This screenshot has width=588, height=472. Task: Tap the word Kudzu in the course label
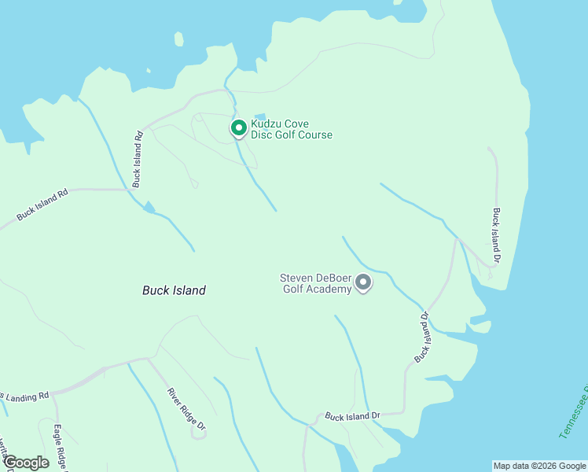pyautogui.click(x=265, y=124)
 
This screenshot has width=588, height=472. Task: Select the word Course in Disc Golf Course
pyautogui.click(x=314, y=135)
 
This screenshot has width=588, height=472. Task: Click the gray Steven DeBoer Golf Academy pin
pyautogui.click(x=363, y=282)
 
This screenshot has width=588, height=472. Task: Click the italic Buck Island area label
pyautogui.click(x=174, y=290)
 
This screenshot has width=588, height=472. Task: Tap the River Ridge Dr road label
pyautogui.click(x=187, y=409)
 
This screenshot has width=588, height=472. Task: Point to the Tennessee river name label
pyautogui.click(x=574, y=413)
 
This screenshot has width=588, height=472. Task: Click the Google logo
pyautogui.click(x=25, y=463)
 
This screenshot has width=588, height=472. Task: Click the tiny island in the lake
pyautogui.click(x=179, y=39)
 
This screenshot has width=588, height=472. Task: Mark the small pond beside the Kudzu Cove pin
pyautogui.click(x=260, y=117)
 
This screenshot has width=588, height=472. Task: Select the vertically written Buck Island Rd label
pyautogui.click(x=138, y=158)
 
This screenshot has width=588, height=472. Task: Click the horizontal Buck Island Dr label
pyautogui.click(x=352, y=415)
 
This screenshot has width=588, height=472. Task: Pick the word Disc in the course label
pyautogui.click(x=261, y=135)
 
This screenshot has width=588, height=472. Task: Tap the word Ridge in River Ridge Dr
pyautogui.click(x=187, y=409)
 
